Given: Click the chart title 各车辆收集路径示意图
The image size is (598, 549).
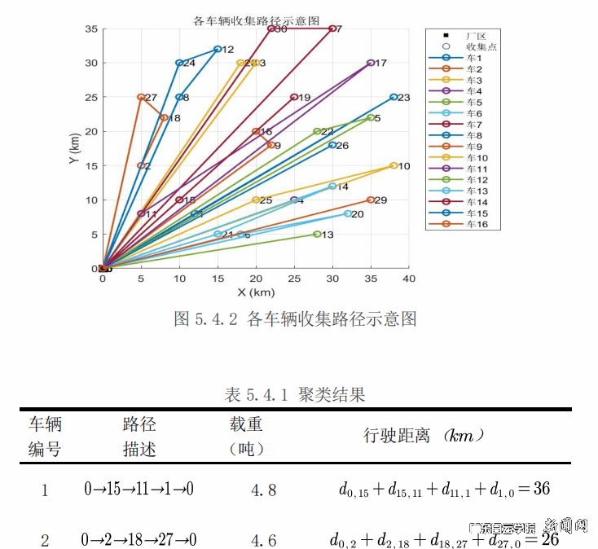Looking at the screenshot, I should (x=256, y=20).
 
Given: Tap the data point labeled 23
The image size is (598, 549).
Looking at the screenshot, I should (x=394, y=97).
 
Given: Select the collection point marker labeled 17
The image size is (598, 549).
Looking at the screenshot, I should (x=371, y=63).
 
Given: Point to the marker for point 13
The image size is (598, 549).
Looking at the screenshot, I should (x=317, y=235).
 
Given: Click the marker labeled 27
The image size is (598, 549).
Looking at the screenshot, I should (x=141, y=97).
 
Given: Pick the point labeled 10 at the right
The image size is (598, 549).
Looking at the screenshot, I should (x=394, y=165).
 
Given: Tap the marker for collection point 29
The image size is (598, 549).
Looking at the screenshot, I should (x=371, y=200).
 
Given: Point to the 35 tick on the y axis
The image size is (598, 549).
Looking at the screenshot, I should (x=90, y=29).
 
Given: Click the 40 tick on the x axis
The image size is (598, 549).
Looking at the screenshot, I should (x=409, y=279).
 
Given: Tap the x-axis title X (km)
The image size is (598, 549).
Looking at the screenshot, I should (x=256, y=292).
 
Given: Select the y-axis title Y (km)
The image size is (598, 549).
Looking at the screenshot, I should (x=74, y=148).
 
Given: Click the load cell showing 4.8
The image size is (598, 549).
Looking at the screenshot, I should (x=264, y=490).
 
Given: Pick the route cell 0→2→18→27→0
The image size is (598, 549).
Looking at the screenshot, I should (x=139, y=539).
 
